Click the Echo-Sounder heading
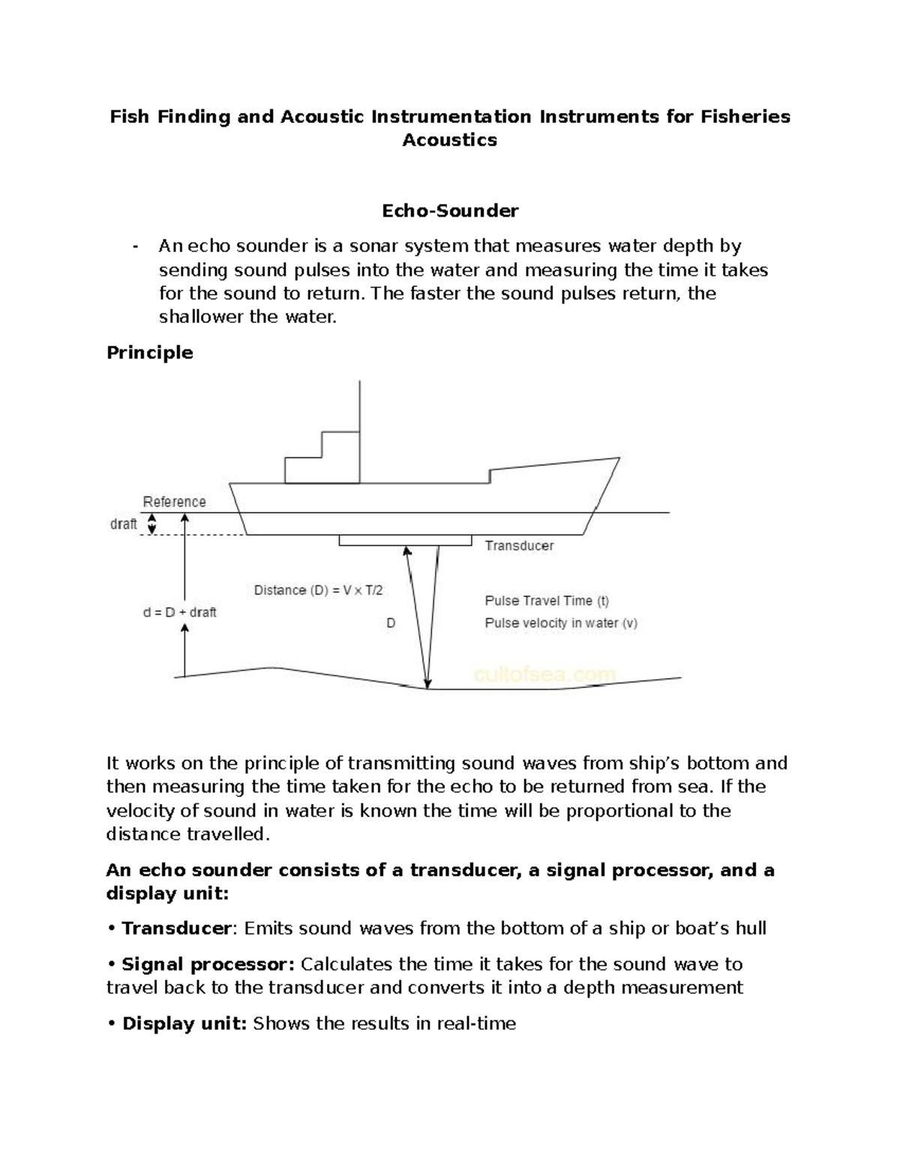[x=450, y=211]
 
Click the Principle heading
[x=149, y=352]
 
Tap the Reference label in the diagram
[x=174, y=501]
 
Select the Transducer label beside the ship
[x=519, y=546]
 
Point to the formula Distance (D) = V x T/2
[x=318, y=591]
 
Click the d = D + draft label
[x=179, y=612]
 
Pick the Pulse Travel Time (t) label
[x=547, y=600]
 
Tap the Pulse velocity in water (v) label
[x=561, y=623]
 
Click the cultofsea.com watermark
[x=544, y=675]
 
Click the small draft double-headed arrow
[x=151, y=524]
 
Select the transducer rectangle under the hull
[x=405, y=540]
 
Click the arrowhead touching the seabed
[x=428, y=682]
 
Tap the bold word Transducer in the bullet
[x=176, y=929]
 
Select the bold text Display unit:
[x=184, y=1024]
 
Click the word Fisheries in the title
[x=745, y=116]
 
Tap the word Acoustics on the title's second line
[x=450, y=140]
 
